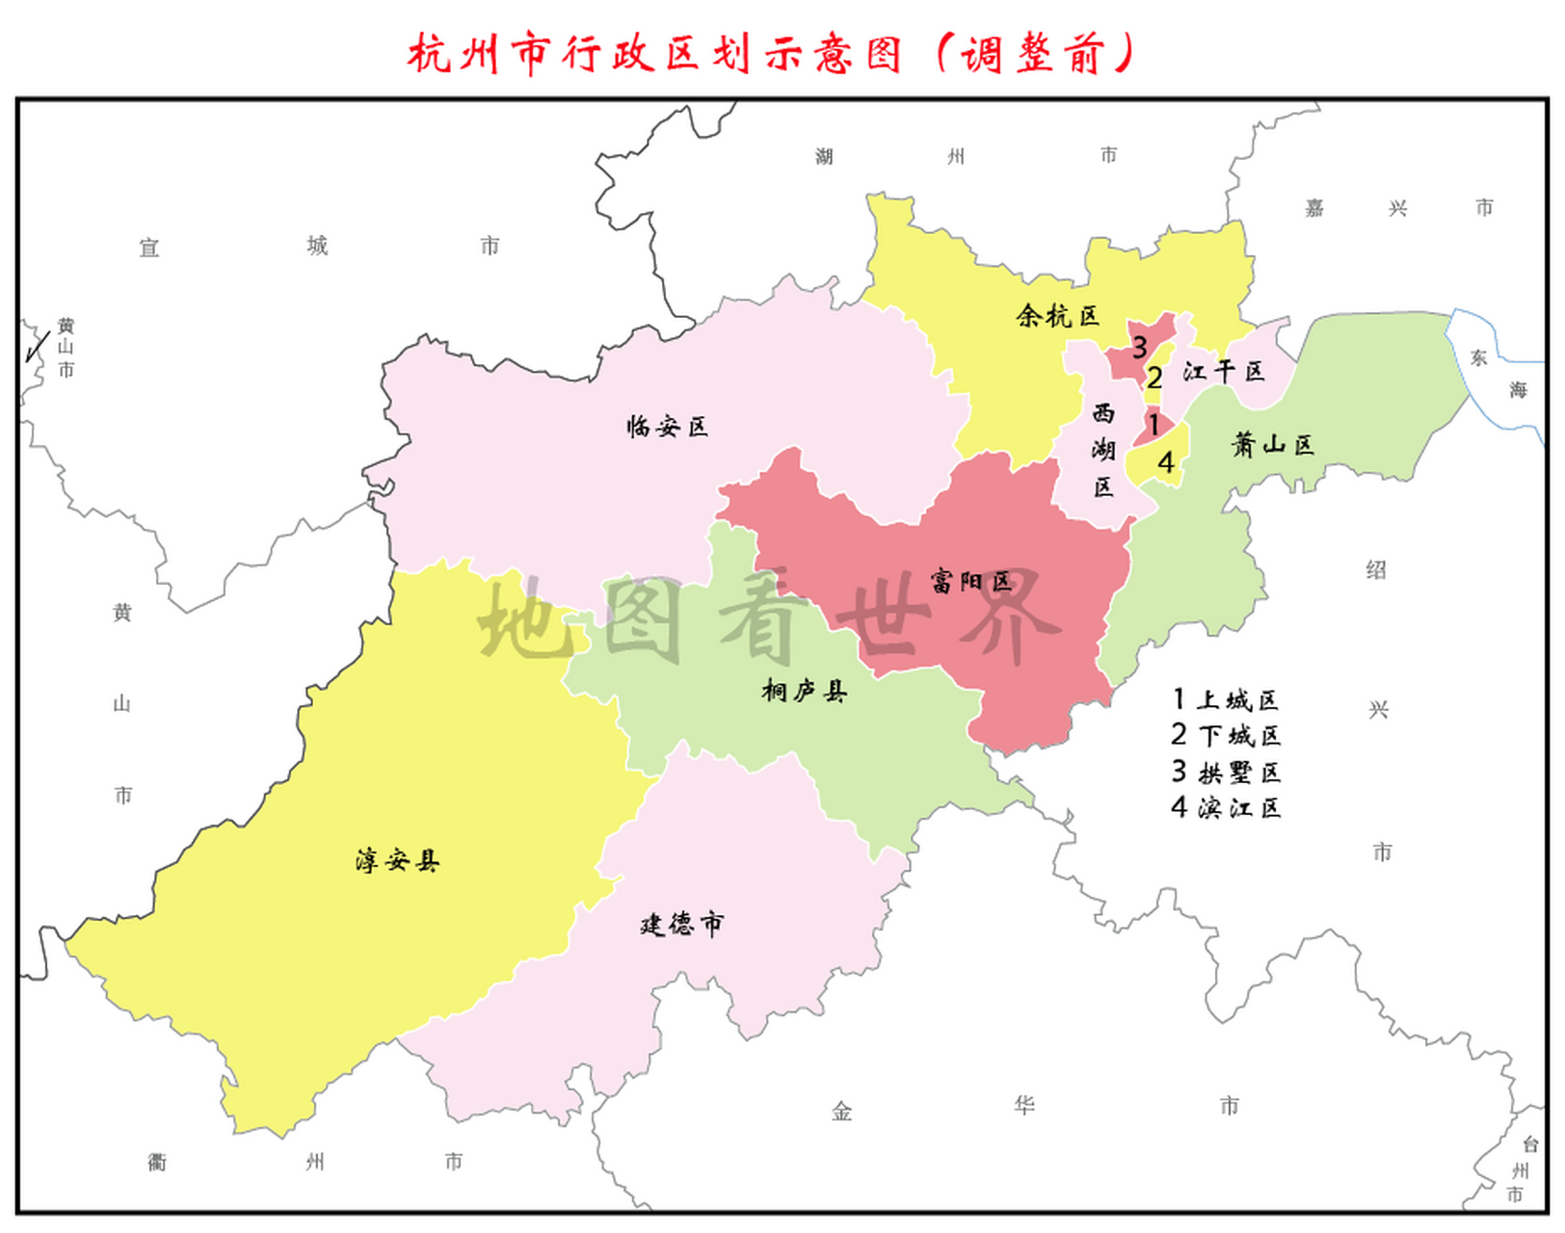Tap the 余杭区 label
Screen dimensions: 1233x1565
tap(1057, 316)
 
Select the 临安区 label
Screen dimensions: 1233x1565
tap(667, 426)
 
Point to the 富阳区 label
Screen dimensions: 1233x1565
tap(970, 581)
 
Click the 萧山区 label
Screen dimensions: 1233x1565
tap(1272, 444)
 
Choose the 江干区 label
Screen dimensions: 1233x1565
tap(1223, 371)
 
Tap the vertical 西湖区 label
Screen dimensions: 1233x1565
tap(1103, 450)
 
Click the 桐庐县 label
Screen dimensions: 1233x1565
tap(804, 691)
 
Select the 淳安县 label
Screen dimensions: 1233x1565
tap(397, 860)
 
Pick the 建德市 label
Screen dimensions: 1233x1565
tap(681, 925)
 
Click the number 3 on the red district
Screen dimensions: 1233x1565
tap(1139, 347)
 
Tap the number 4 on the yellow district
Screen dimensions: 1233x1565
tap(1165, 463)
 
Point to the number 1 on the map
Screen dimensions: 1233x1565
tap(1154, 423)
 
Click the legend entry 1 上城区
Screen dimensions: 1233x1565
tap(1225, 699)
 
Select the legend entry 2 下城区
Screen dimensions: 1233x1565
tap(1225, 736)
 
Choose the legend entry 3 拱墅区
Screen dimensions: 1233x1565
tap(1225, 772)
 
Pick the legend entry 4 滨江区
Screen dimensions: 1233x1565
tap(1225, 807)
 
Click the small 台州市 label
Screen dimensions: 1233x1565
tap(1521, 1169)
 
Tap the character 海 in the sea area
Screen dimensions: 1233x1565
tap(1518, 390)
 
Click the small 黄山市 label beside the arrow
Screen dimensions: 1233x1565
tap(66, 348)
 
